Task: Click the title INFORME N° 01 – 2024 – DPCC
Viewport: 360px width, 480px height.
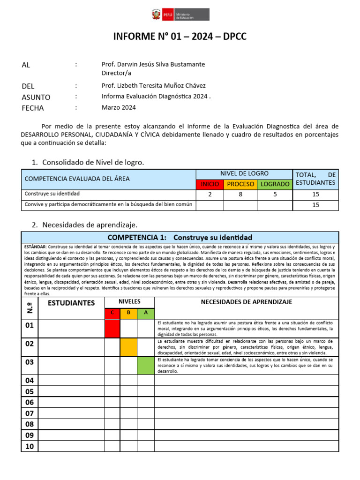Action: click(180, 37)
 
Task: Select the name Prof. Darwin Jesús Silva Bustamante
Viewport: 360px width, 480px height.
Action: click(153, 64)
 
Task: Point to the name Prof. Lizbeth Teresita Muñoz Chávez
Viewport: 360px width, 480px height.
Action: click(153, 86)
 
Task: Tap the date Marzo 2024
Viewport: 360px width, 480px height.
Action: click(119, 107)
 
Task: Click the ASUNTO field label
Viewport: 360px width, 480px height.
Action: click(36, 97)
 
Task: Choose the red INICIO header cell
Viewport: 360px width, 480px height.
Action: click(210, 184)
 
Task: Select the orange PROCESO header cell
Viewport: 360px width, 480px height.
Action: click(240, 184)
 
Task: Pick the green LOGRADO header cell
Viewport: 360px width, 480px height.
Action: click(275, 184)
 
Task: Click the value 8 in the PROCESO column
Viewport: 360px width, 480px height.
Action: click(240, 194)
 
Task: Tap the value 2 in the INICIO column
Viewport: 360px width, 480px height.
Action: click(210, 194)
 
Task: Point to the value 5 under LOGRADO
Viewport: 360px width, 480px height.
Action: click(275, 194)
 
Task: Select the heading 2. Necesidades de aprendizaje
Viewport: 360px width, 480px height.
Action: click(84, 225)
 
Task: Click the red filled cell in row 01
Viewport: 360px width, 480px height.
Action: click(112, 329)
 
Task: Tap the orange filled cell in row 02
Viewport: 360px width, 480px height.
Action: click(128, 347)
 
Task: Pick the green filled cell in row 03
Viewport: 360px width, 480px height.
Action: click(146, 365)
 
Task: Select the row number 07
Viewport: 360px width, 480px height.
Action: click(30, 413)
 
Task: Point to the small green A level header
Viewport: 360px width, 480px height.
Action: click(146, 313)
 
